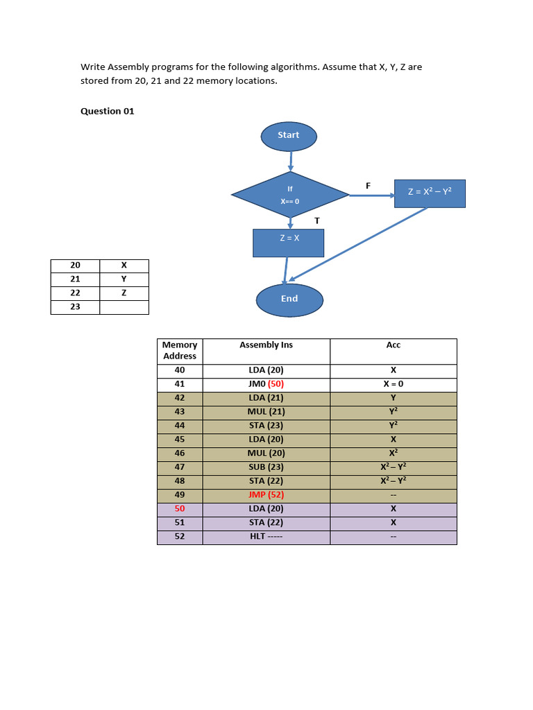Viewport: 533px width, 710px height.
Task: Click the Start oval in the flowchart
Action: [x=289, y=136]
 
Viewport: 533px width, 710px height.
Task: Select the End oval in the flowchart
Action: [x=289, y=300]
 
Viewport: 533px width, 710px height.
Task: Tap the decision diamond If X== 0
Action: [x=290, y=195]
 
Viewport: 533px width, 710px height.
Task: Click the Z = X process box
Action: [x=289, y=243]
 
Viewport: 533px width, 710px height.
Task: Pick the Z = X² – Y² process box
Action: [x=430, y=193]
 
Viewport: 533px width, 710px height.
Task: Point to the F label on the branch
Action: [x=368, y=185]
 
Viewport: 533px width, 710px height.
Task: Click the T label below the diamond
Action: [x=316, y=220]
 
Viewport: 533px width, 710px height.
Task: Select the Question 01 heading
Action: [x=108, y=111]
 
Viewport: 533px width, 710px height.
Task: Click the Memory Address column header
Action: [x=180, y=350]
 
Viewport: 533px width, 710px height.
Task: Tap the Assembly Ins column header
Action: [x=266, y=345]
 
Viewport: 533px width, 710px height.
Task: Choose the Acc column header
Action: [x=393, y=345]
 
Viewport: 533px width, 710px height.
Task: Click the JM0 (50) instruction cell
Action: [x=266, y=384]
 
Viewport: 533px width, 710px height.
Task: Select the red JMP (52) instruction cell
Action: [x=266, y=495]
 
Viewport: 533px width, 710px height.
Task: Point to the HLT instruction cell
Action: [x=266, y=537]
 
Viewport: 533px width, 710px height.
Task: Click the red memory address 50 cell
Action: [x=180, y=509]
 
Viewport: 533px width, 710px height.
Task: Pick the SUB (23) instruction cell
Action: [x=266, y=467]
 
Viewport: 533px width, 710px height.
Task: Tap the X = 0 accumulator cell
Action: [x=393, y=384]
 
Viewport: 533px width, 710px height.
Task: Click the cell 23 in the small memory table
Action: [x=75, y=306]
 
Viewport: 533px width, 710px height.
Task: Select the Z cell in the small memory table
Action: [x=124, y=293]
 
